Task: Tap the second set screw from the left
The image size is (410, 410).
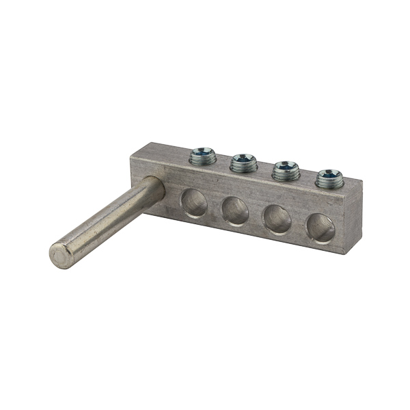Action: [x=243, y=163]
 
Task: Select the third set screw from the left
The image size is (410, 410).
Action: [x=286, y=169]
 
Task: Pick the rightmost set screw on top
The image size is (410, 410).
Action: [x=329, y=178]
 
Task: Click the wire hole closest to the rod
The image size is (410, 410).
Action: [x=194, y=203]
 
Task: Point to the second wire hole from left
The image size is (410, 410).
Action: [x=236, y=210]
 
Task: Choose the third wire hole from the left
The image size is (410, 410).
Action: [x=277, y=219]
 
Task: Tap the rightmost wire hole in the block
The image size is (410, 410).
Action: [x=320, y=228]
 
